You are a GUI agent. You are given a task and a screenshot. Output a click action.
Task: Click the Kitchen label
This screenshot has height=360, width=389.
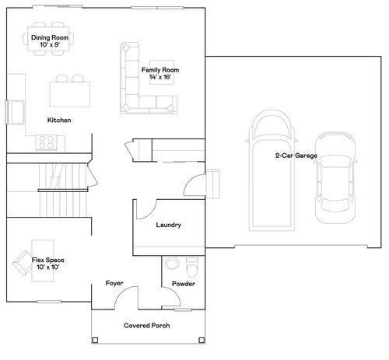coord(60,120)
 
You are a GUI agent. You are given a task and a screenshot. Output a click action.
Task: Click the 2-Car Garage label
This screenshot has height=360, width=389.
coord(296,156)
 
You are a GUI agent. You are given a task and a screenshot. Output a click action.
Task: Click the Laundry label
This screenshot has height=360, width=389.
coord(169,225)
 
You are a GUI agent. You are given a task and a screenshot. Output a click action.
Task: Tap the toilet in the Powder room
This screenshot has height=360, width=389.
coord(193,267)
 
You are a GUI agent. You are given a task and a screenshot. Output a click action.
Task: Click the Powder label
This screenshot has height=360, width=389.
coord(183,284)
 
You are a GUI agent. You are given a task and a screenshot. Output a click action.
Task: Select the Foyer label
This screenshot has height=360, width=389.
coord(115,284)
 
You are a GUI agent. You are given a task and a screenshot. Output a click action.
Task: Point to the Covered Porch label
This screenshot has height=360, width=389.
coord(147,325)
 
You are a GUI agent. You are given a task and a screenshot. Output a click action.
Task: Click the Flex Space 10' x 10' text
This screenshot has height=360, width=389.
coord(48,263)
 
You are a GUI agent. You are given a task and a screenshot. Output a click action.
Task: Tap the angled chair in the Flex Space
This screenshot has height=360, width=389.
coord(21,268)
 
